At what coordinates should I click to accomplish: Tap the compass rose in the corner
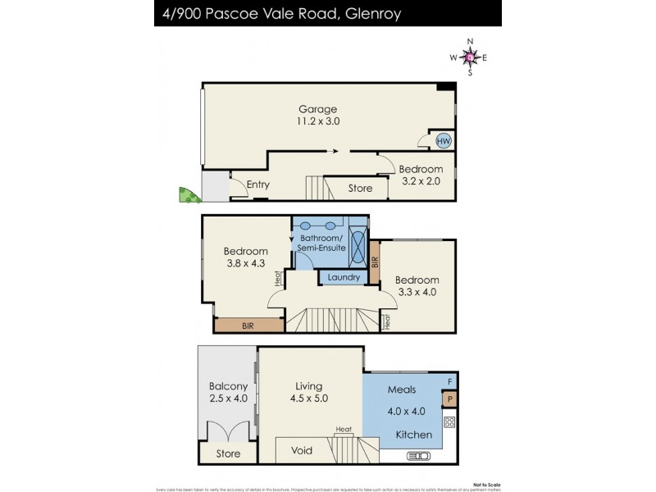click(468, 57)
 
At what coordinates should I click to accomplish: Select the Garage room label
click(317, 109)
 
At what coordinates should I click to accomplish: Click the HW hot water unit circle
click(444, 141)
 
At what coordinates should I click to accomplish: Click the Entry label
click(257, 184)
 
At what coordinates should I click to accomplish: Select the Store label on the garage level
click(360, 189)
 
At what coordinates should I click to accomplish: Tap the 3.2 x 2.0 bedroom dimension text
click(421, 181)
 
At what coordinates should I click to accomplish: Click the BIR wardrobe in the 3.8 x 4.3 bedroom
click(248, 326)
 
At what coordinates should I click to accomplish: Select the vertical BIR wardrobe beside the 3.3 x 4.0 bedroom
click(375, 262)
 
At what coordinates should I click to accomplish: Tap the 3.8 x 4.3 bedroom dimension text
click(246, 263)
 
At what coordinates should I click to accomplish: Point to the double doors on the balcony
click(228, 432)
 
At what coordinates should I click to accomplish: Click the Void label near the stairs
click(301, 450)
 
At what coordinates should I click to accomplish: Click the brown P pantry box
click(449, 399)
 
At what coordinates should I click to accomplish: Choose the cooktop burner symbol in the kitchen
click(449, 423)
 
